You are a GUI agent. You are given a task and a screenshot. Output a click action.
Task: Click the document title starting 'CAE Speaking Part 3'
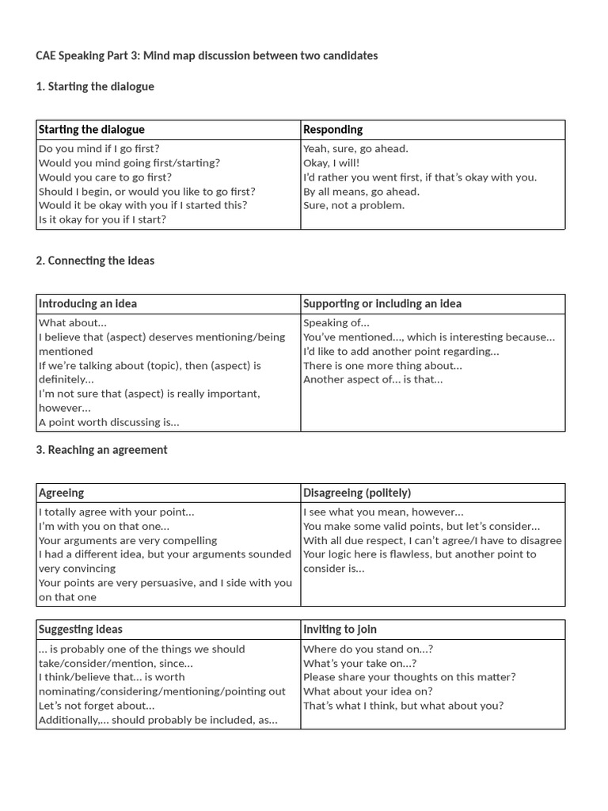pyautogui.click(x=207, y=55)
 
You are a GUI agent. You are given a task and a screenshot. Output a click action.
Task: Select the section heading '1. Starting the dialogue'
pyautogui.click(x=95, y=86)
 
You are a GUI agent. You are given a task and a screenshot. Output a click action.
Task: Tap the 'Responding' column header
pyautogui.click(x=332, y=129)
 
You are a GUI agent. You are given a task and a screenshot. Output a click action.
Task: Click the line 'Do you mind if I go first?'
pyautogui.click(x=99, y=148)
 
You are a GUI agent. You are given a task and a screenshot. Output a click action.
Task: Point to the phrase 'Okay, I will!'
pyautogui.click(x=331, y=162)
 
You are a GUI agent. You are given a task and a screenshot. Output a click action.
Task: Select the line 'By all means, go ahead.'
pyautogui.click(x=361, y=191)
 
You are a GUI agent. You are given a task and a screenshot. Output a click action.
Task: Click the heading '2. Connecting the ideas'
pyautogui.click(x=95, y=261)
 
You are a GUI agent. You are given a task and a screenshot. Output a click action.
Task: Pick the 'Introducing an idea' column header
pyautogui.click(x=88, y=303)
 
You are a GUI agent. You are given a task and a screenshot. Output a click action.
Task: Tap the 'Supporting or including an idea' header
pyautogui.click(x=382, y=303)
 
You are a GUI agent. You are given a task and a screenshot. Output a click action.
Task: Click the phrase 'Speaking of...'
pyautogui.click(x=336, y=322)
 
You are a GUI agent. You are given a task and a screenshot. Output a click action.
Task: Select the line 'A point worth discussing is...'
pyautogui.click(x=109, y=422)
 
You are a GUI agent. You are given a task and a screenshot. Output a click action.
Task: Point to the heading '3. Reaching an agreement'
pyautogui.click(x=101, y=450)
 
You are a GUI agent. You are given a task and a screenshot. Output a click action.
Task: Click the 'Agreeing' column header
pyautogui.click(x=62, y=493)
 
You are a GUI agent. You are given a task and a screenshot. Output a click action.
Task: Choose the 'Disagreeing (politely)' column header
pyautogui.click(x=357, y=493)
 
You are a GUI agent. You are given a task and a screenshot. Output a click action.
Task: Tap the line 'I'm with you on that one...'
pyautogui.click(x=104, y=526)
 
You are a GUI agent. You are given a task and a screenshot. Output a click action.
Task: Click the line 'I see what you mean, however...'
pyautogui.click(x=383, y=512)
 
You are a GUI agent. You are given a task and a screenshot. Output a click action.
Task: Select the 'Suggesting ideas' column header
pyautogui.click(x=81, y=629)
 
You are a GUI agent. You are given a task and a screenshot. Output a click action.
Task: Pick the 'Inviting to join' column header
pyautogui.click(x=340, y=629)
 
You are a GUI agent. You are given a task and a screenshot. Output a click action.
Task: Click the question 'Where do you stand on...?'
pyautogui.click(x=368, y=649)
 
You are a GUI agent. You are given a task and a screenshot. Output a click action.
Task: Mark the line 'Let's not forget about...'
pyautogui.click(x=97, y=706)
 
